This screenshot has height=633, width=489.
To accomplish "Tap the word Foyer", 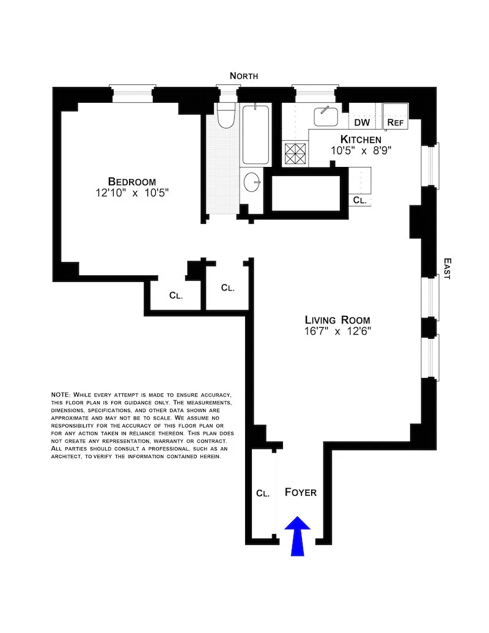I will click(301, 492).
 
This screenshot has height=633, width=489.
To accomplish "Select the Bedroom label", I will click(131, 182).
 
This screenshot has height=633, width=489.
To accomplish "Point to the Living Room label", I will click(337, 320).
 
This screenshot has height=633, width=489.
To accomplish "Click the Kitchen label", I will click(361, 139).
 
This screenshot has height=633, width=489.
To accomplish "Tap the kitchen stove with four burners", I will click(296, 153).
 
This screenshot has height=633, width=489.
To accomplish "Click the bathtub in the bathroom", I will click(256, 135).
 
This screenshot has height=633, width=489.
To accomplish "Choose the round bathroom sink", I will click(252, 181).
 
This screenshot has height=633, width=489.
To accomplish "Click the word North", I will click(244, 76).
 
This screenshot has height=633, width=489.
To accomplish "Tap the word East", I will click(447, 268).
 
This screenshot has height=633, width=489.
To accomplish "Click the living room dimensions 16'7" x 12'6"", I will click(338, 331).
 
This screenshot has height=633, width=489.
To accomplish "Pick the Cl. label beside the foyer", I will click(263, 493).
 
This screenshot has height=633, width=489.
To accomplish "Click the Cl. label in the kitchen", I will click(359, 200).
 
